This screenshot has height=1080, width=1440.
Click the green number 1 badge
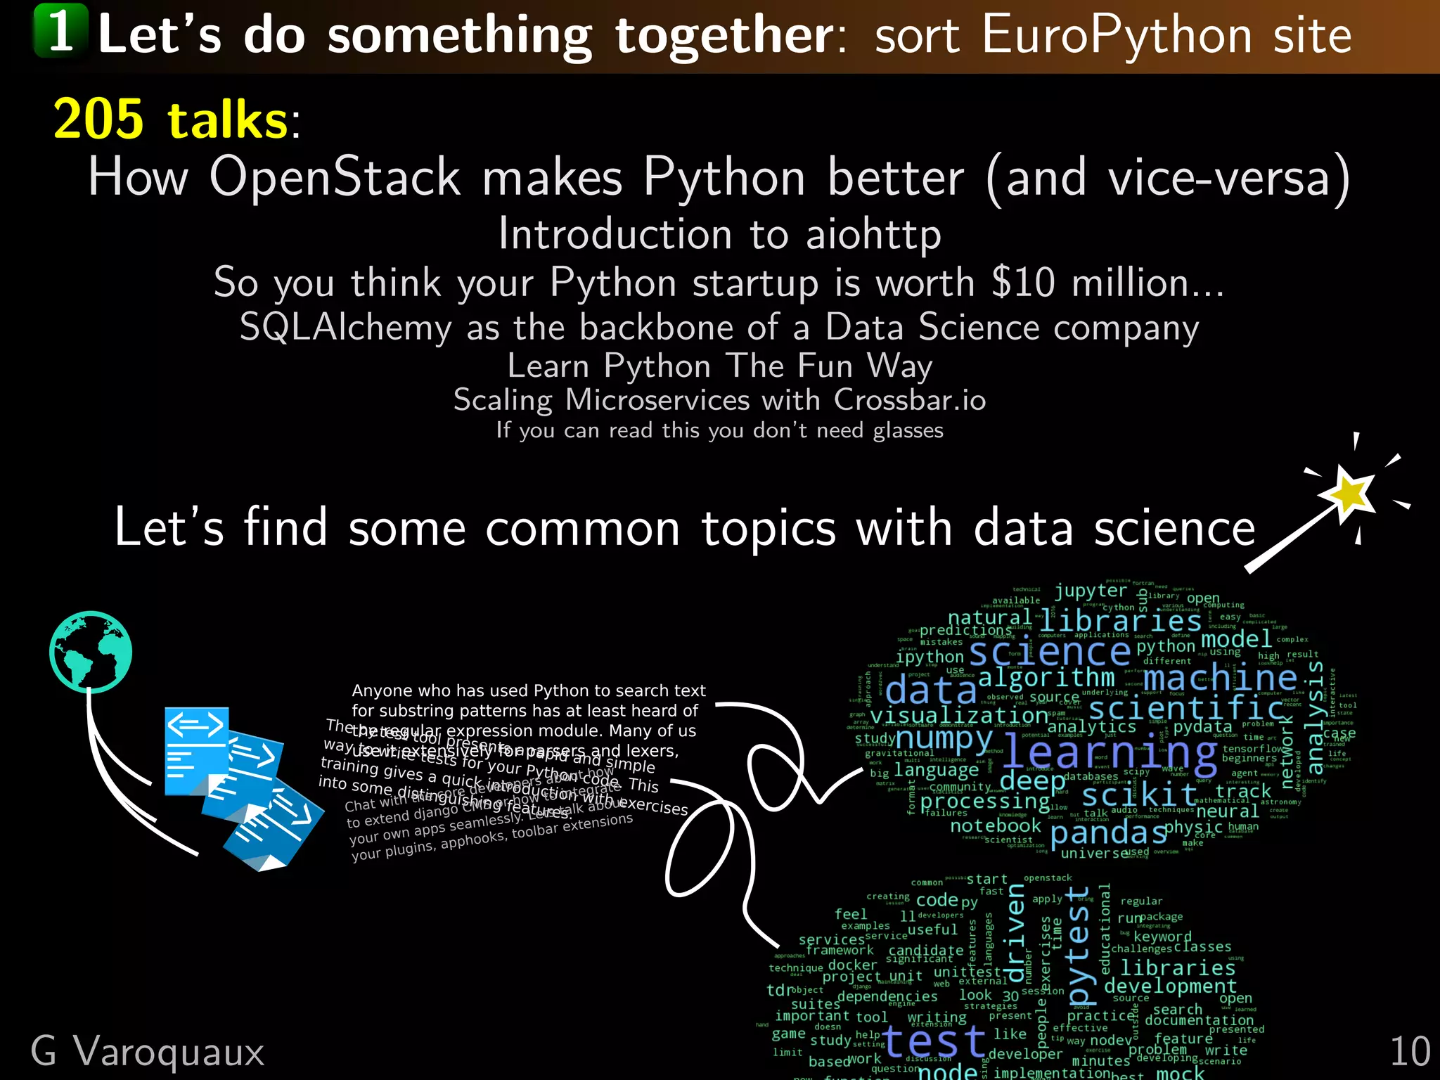(x=61, y=31)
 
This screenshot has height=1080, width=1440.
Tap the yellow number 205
(x=99, y=120)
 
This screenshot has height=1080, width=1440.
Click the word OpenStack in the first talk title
(x=335, y=177)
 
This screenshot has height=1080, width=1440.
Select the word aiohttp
(x=873, y=235)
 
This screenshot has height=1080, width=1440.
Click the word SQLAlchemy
(x=345, y=328)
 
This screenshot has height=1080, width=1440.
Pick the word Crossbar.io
(x=910, y=400)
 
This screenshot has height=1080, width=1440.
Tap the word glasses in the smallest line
(x=908, y=430)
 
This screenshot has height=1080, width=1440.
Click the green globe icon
(x=91, y=652)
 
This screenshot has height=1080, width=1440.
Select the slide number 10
(x=1409, y=1052)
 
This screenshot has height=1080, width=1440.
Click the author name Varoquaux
(x=169, y=1053)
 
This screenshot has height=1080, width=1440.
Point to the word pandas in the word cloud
(x=1108, y=834)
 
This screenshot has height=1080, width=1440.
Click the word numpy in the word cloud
(x=944, y=739)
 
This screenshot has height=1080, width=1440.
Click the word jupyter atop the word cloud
(x=1090, y=591)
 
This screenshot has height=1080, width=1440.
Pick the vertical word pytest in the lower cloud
(x=1079, y=946)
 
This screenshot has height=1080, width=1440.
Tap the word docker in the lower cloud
(x=852, y=965)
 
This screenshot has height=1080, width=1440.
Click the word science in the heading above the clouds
(x=1174, y=529)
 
